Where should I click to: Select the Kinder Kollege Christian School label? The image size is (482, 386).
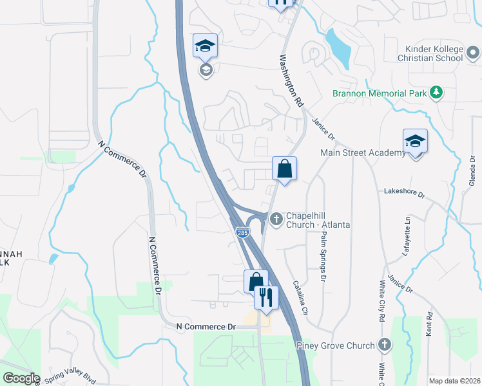(434, 53)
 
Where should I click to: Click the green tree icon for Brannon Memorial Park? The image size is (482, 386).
(436, 93)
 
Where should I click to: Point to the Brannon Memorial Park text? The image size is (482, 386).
(380, 93)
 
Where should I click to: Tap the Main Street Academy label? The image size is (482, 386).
(363, 152)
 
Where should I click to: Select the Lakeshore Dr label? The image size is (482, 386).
(405, 192)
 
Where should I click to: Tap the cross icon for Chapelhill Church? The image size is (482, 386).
(276, 219)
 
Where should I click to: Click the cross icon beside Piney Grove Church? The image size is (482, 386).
(385, 345)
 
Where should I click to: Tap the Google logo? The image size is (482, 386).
(21, 378)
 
